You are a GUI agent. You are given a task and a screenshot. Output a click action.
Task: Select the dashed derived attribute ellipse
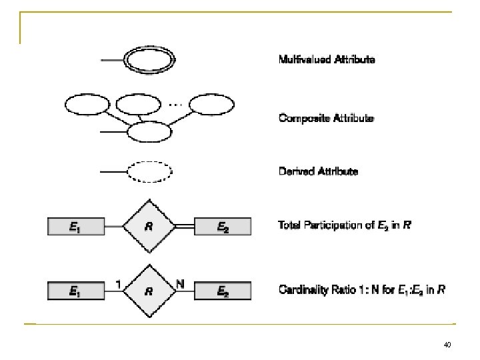pyautogui.click(x=150, y=172)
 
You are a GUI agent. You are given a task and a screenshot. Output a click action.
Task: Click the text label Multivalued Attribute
pyautogui.click(x=327, y=60)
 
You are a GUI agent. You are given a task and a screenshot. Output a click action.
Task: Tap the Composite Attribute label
pyautogui.click(x=326, y=119)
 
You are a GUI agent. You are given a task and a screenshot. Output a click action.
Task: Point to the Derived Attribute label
pyautogui.click(x=318, y=171)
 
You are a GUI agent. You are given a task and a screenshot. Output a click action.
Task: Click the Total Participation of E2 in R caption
pyautogui.click(x=344, y=226)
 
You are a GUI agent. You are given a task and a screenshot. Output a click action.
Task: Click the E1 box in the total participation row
pyautogui.click(x=75, y=227)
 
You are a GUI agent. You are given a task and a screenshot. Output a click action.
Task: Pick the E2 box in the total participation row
pyautogui.click(x=222, y=227)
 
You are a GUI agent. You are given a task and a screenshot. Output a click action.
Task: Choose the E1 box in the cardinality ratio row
pyautogui.click(x=75, y=291)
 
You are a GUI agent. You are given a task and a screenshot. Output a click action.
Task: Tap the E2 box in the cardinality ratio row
pyautogui.click(x=222, y=291)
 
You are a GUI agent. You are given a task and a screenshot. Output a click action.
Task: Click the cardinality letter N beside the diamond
pyautogui.click(x=180, y=283)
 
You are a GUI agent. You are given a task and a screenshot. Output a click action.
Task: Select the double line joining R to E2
pyautogui.click(x=184, y=227)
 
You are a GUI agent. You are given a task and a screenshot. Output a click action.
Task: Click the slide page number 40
pyautogui.click(x=446, y=345)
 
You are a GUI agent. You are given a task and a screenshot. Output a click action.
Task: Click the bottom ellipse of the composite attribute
pyautogui.click(x=150, y=132)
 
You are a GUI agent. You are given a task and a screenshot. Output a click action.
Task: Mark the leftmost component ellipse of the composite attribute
pyautogui.click(x=87, y=105)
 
